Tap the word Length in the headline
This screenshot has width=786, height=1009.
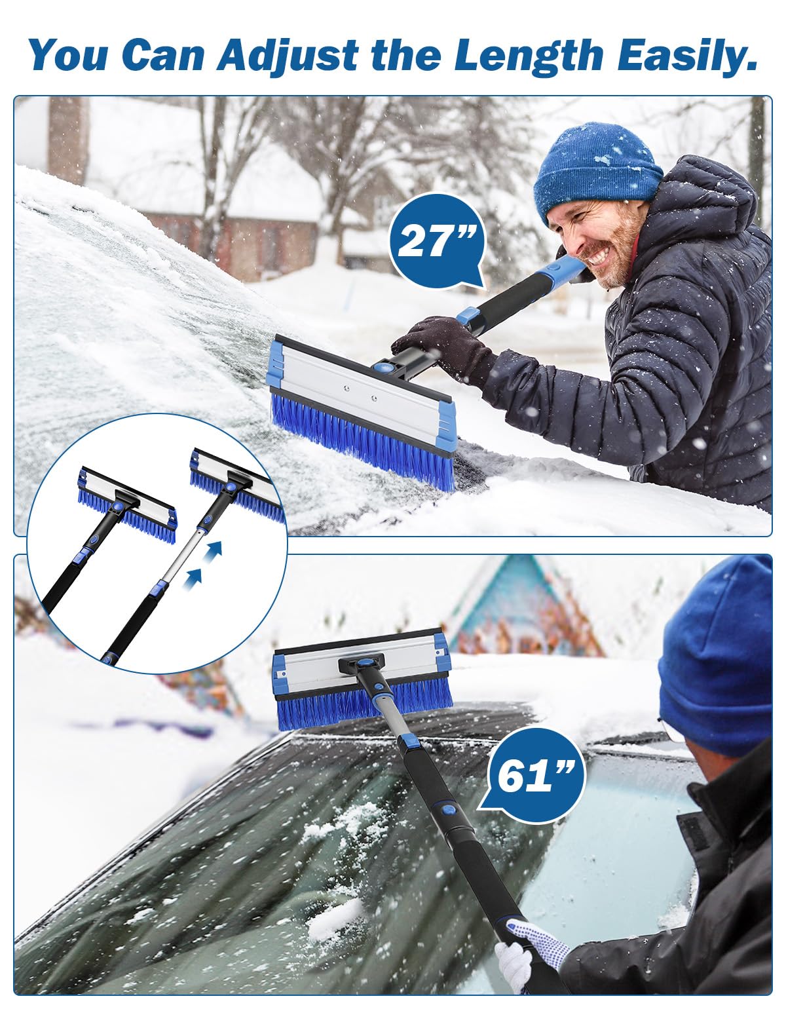(x=528, y=55)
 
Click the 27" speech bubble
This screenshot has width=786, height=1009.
(x=435, y=240)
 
